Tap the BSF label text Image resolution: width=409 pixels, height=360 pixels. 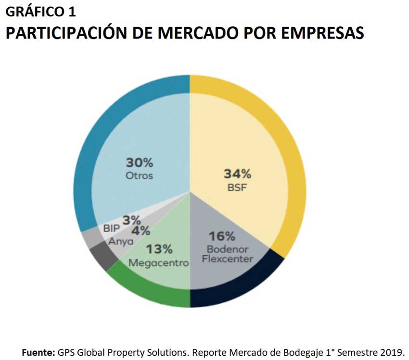pos(237,188)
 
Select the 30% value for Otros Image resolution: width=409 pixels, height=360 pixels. pos(139,162)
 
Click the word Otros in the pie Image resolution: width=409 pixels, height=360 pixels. pos(139,176)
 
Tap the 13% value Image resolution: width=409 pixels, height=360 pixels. pos(159,249)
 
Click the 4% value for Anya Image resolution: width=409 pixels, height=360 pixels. pos(141,231)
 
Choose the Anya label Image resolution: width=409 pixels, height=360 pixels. pos(120,241)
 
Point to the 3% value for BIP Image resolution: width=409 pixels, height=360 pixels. pos(131,221)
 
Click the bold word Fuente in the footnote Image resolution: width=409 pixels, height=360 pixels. pos(38,352)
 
